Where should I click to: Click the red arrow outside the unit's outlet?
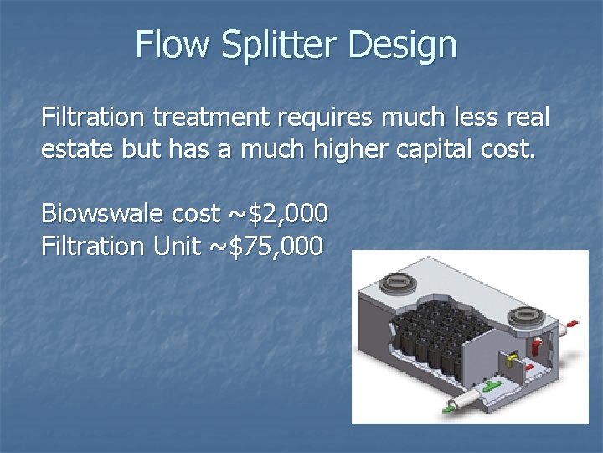tap(572, 323)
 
